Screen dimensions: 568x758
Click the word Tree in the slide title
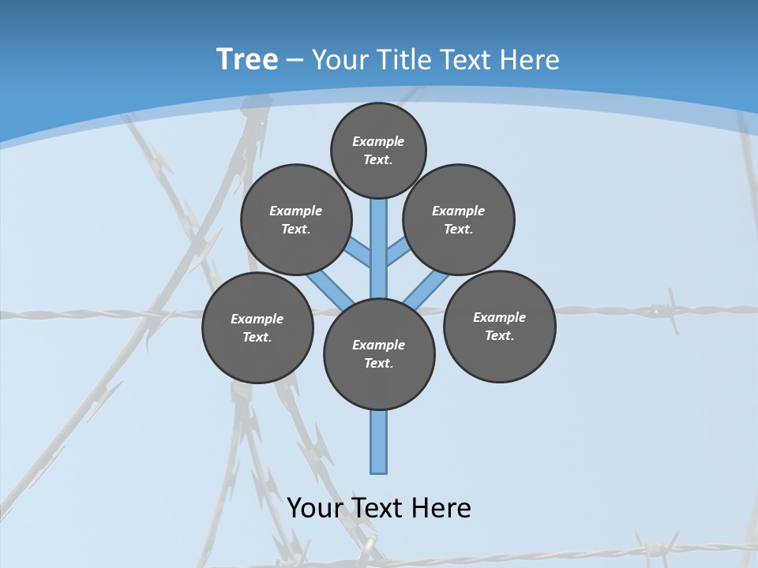[x=247, y=60]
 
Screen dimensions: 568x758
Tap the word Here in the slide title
[x=530, y=60]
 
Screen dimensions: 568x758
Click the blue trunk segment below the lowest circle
[x=379, y=442]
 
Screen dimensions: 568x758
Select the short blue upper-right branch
[x=398, y=252]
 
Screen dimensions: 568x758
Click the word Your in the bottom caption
[x=314, y=508]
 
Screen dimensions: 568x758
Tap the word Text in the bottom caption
[x=379, y=508]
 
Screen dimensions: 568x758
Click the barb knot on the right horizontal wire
[x=672, y=310]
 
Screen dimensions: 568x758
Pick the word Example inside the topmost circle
[x=378, y=141]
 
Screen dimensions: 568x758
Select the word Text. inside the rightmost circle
[x=499, y=335]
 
